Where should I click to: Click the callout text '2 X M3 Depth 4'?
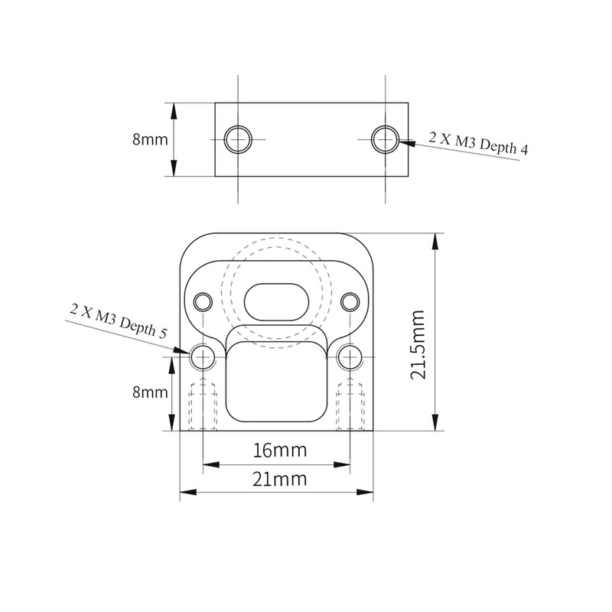coord(479,144)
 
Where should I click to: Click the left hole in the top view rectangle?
coord(239,140)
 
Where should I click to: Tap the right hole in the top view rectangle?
coord(386,139)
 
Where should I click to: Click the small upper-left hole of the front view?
coord(203,301)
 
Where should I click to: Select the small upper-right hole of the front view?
coord(350,301)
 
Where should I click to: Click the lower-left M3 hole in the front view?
coord(203,356)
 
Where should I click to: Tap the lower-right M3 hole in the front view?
coord(350,356)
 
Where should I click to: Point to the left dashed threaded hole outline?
coord(203,405)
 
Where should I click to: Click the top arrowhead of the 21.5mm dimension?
coord(435,241)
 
